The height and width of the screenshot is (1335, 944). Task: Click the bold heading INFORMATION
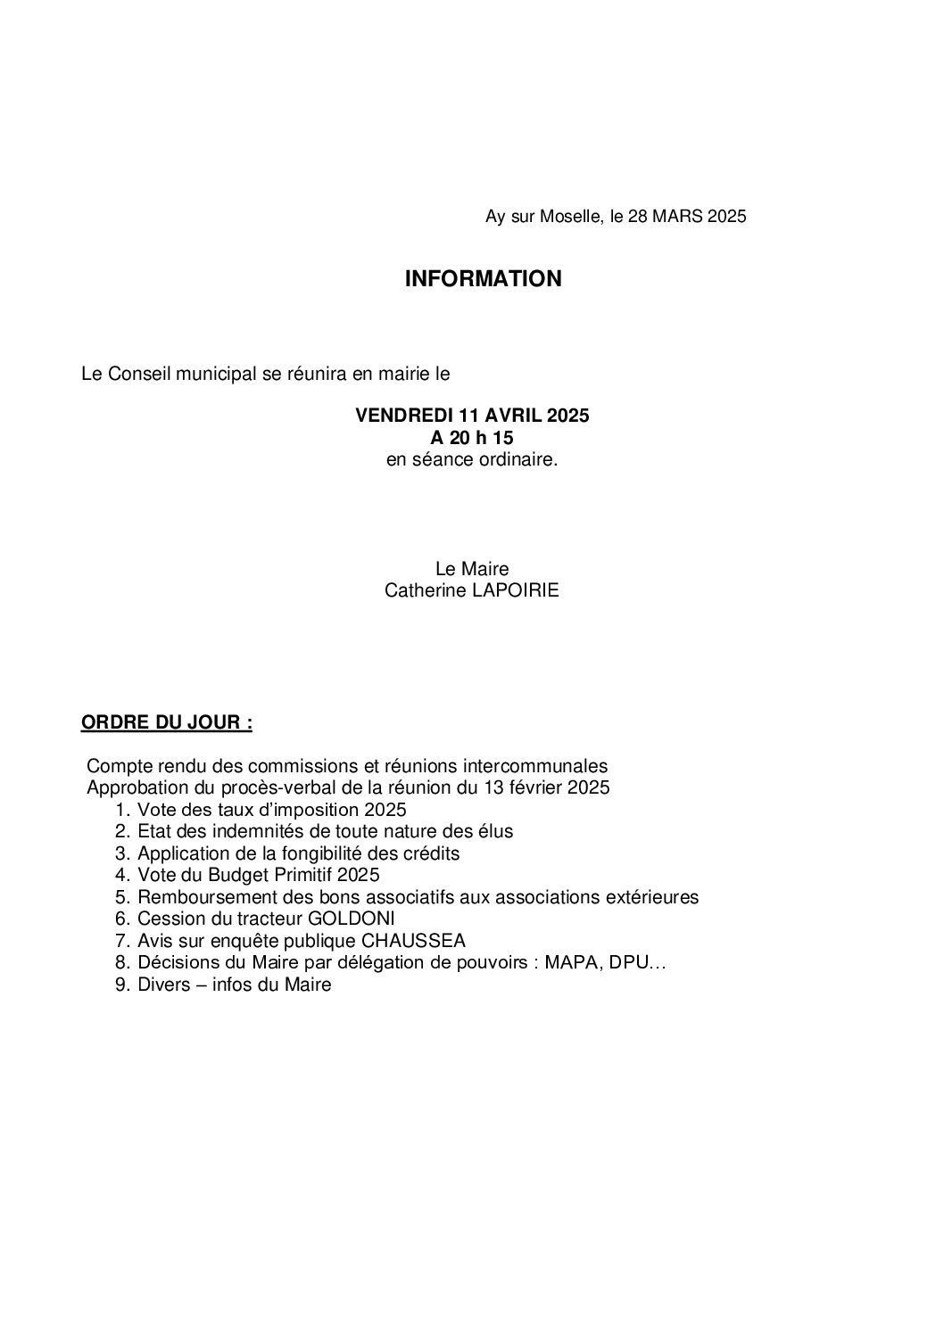point(483,279)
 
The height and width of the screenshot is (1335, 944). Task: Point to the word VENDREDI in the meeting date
point(404,416)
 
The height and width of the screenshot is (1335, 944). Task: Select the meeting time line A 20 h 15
point(472,438)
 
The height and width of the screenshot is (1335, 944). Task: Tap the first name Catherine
point(420,590)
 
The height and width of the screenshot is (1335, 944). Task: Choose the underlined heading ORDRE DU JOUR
point(166,722)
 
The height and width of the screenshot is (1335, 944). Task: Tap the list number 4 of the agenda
point(122,875)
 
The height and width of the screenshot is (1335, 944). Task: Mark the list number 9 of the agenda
point(122,985)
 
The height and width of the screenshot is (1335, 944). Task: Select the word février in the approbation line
point(538,788)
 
